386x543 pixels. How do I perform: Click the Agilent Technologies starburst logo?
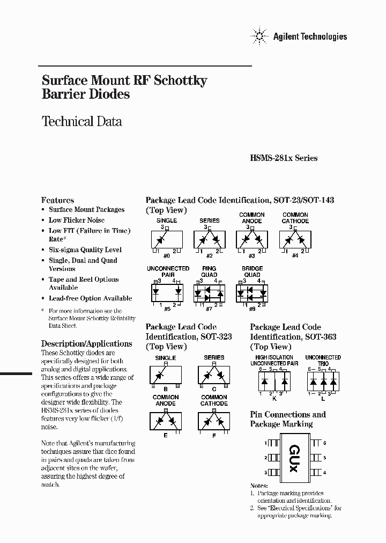[x=259, y=36]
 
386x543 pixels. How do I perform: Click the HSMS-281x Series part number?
[x=284, y=158]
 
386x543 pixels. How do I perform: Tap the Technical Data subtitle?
[x=81, y=121]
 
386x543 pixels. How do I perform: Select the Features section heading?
[x=57, y=200]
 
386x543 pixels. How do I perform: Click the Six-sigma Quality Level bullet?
[x=85, y=250]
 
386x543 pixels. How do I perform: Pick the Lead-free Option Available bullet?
[x=90, y=298]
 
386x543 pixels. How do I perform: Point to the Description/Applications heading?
[x=86, y=343]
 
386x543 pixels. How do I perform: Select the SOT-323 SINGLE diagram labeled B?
[x=166, y=373]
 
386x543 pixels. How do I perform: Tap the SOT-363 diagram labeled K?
[x=274, y=381]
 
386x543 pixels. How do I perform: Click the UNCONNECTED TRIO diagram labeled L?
[x=323, y=381]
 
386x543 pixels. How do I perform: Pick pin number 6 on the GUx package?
[x=324, y=443]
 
